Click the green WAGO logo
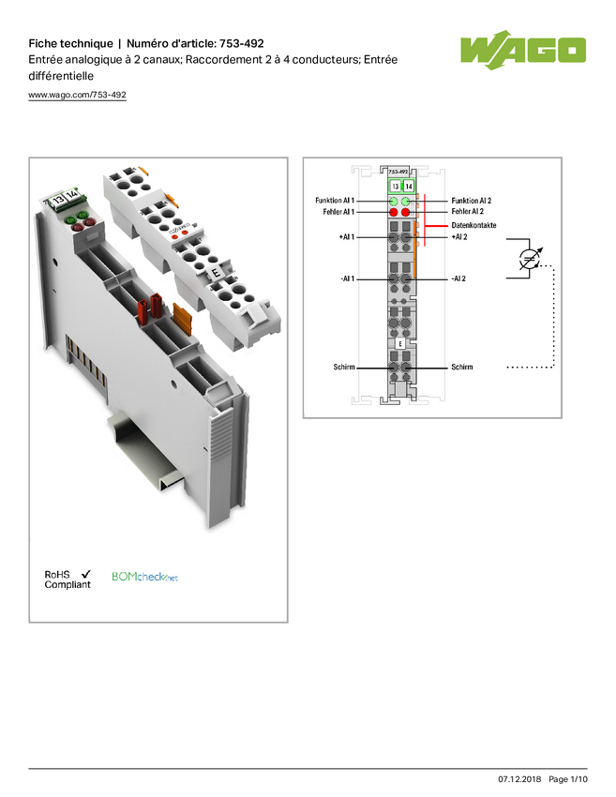pos(523,50)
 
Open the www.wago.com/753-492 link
pos(77,95)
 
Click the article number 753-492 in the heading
pos(241,43)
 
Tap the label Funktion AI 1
pos(335,201)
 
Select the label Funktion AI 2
pos(472,201)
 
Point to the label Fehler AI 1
pos(338,212)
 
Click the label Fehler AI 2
pos(467,212)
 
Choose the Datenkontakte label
pos(473,225)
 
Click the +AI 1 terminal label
pos(347,237)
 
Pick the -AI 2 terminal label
pos(458,278)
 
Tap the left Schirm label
pos(344,367)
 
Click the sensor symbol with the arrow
pos(530,259)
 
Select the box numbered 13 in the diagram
pos(396,186)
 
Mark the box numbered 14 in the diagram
pos(408,186)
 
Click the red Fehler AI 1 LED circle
pos(394,212)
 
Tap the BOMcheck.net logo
pos(144,577)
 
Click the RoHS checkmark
pos(86,574)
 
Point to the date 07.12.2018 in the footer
pos(519,779)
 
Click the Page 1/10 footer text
pos(568,779)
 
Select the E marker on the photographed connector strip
pos(216,273)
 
